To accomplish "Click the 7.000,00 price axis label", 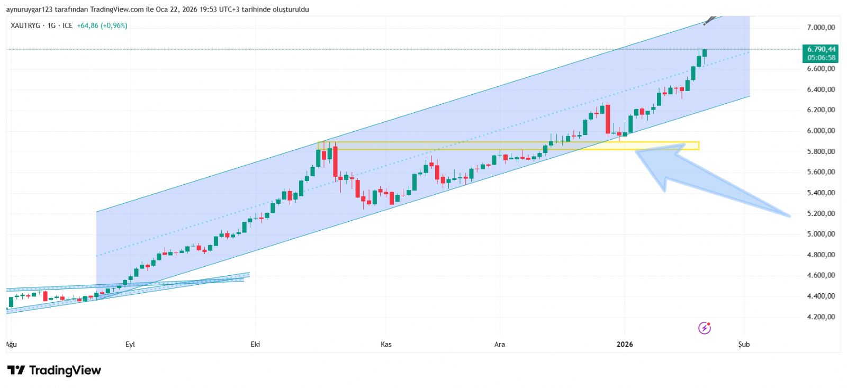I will coord(821,28).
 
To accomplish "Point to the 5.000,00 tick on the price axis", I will coord(821,234).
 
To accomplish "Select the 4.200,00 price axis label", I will coord(821,317).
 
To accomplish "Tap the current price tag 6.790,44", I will coord(821,50).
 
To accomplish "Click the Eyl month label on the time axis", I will coord(130,345).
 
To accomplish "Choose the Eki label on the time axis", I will coord(255,345).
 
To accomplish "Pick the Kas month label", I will coord(386,345).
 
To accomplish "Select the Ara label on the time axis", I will coord(499,345).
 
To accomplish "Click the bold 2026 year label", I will coord(625,345).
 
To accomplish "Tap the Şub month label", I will coord(744,345).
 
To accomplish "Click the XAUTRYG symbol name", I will coord(25,25).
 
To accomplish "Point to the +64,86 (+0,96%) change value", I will coord(102,25).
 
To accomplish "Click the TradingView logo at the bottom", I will coord(54,371).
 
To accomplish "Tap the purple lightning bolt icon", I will coord(705,328).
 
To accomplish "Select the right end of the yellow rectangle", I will coord(698,146).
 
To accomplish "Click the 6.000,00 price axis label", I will coord(821,131).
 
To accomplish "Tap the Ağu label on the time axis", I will coord(12,345).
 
